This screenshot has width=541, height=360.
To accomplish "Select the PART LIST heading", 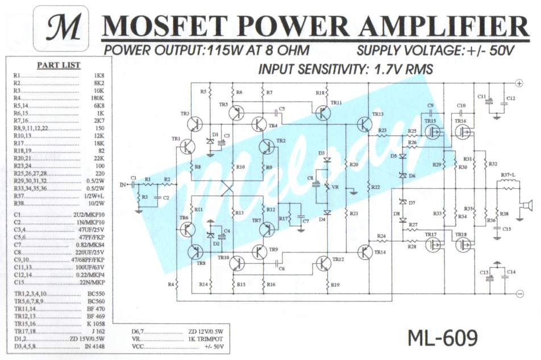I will coord(59,65).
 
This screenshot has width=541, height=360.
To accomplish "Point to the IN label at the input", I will coord(123,184).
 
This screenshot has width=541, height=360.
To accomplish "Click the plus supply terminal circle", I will coord(519,83).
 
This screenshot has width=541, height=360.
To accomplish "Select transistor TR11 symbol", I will coord(322,113).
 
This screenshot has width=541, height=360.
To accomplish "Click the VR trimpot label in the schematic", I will coord(335,187).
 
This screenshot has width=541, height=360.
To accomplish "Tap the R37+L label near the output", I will coord(507,175).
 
